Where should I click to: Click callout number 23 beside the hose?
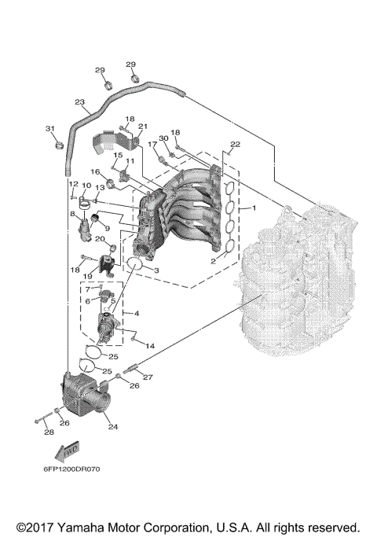(x=79, y=102)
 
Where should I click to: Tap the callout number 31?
(x=49, y=129)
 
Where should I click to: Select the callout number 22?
(x=234, y=145)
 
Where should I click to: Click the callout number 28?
(x=49, y=432)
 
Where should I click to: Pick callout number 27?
(x=147, y=377)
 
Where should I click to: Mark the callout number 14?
(x=149, y=346)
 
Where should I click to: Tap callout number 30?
(x=163, y=138)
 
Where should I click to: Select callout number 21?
(x=142, y=127)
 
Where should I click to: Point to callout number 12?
(x=71, y=184)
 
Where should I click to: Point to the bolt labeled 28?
(x=39, y=419)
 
